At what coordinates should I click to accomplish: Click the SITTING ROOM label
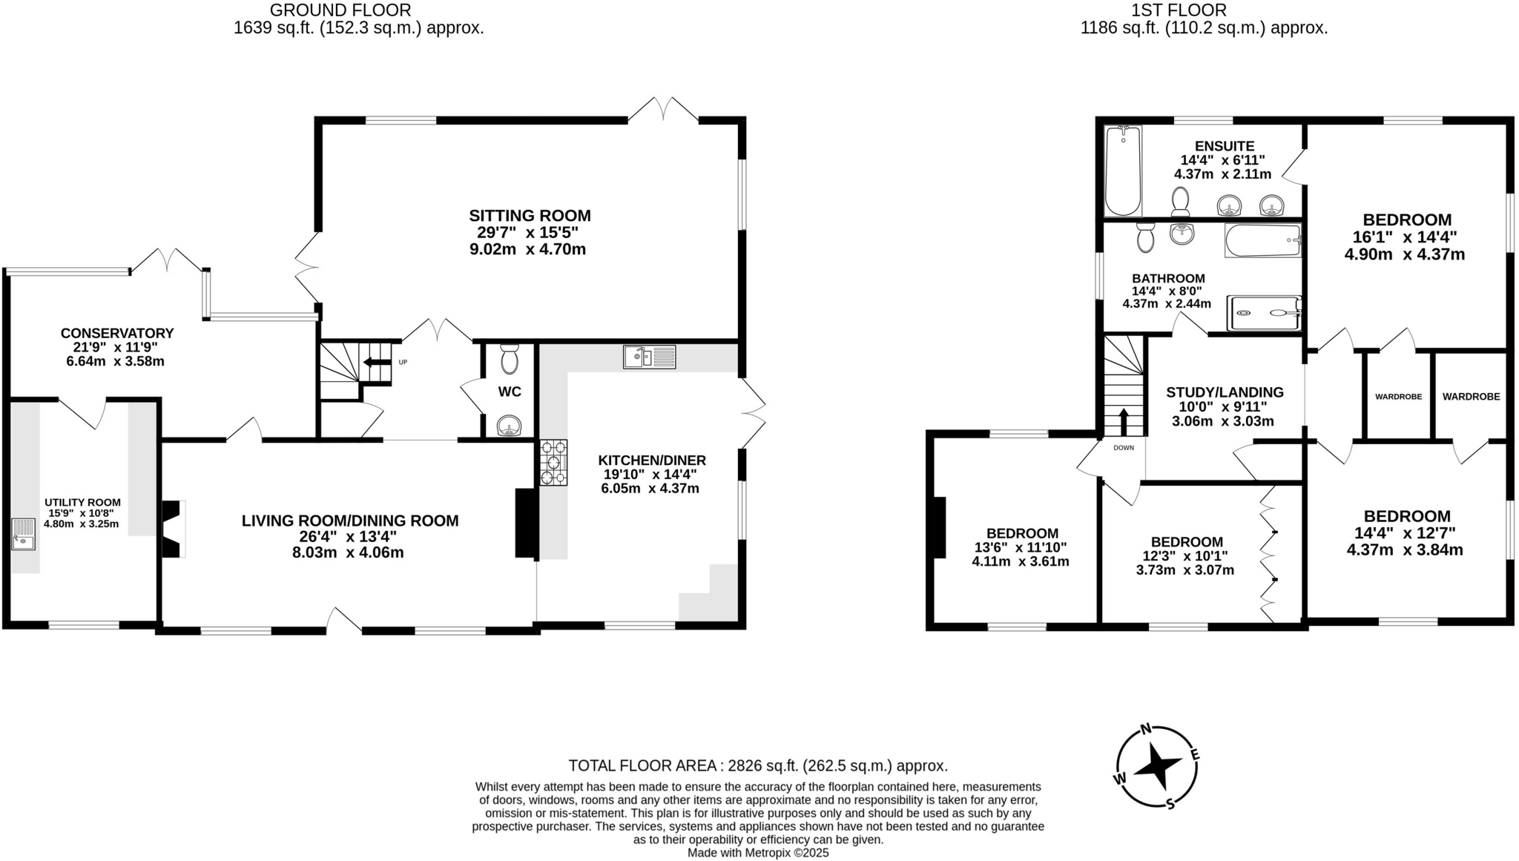[x=530, y=216]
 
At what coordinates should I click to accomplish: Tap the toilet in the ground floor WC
[x=509, y=359]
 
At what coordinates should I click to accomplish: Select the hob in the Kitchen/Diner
[x=553, y=463]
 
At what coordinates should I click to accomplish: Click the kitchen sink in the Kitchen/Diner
[x=649, y=357]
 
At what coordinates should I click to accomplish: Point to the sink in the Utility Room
[x=23, y=534]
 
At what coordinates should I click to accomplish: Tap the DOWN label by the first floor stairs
[x=1123, y=448]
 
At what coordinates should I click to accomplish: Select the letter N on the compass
[x=1145, y=729]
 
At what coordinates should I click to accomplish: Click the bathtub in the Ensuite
[x=1122, y=171]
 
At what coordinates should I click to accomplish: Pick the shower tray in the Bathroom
[x=1265, y=313]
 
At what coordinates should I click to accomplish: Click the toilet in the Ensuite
[x=1180, y=201]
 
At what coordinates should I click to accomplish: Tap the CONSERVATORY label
[x=117, y=334]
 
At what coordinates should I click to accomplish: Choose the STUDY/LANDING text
[x=1225, y=392]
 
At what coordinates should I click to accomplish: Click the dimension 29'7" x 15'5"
[x=527, y=233]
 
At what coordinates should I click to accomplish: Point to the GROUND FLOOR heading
[x=340, y=10]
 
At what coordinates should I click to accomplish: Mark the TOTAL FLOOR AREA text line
[x=758, y=765]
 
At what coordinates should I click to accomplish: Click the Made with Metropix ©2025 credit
[x=757, y=853]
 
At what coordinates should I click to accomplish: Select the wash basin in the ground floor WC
[x=509, y=426]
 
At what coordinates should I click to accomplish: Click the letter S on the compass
[x=1170, y=804]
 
